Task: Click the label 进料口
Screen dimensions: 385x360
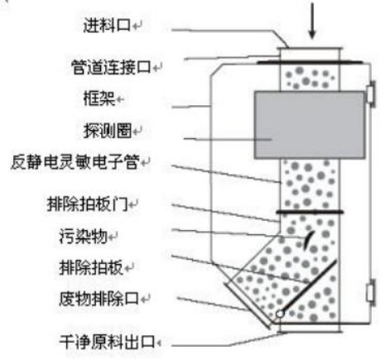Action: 107,26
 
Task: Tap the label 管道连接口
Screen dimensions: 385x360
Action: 111,67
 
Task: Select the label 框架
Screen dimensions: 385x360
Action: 99,98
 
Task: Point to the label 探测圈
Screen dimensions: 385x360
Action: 108,131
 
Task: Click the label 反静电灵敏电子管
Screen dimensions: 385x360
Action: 75,162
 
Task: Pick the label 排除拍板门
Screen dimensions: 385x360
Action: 88,204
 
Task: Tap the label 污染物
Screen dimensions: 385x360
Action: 84,237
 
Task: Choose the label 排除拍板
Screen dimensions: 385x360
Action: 91,267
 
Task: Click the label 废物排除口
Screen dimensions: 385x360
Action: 99,299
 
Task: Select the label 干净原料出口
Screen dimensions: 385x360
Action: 107,342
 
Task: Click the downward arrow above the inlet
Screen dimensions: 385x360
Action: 312,21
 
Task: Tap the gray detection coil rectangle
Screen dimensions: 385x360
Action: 309,125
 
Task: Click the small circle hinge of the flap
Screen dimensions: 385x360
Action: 280,314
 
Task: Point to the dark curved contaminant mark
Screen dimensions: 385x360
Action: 308,241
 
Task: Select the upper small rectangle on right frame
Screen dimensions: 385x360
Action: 371,94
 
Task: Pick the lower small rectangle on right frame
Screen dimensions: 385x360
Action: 371,292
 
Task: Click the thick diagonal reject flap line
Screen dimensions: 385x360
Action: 309,286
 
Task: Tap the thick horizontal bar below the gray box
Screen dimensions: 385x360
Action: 310,212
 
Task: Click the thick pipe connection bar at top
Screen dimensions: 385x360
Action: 309,63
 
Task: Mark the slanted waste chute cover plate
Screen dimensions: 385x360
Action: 248,305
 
